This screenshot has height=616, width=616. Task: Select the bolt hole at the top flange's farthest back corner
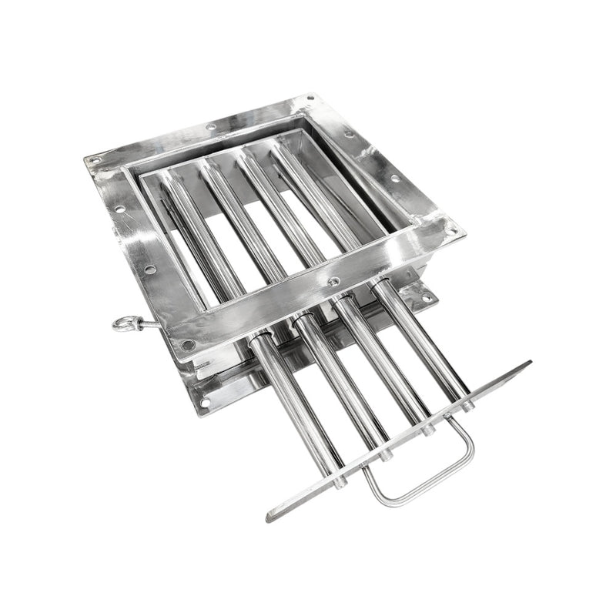click(310, 99)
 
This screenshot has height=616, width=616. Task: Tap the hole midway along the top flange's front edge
click(333, 282)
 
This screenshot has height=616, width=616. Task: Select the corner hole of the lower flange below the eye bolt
click(204, 401)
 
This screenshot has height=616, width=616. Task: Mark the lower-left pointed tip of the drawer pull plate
click(271, 517)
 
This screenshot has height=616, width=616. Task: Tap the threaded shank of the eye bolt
click(150, 326)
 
